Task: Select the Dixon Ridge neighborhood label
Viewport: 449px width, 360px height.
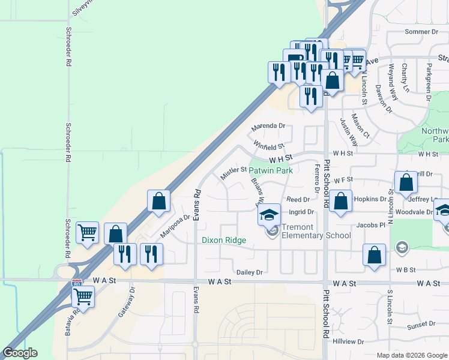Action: [223, 240]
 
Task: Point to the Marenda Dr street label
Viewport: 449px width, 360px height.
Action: [268, 126]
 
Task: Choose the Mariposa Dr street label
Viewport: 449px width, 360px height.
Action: [175, 226]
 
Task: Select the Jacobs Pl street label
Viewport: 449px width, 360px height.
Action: [369, 224]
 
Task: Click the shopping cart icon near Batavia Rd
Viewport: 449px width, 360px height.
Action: [83, 296]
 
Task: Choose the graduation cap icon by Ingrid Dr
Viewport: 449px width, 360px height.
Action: [270, 214]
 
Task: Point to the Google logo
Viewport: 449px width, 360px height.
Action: [20, 353]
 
